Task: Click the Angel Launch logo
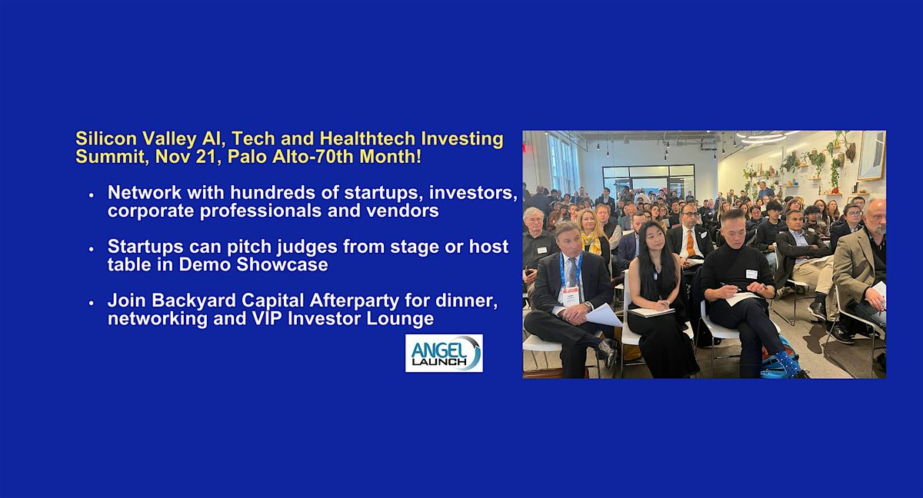tap(444, 353)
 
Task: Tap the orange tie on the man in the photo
tap(690, 244)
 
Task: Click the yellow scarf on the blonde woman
tap(591, 244)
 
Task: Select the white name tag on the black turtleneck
tap(751, 274)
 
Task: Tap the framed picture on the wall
tap(871, 154)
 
